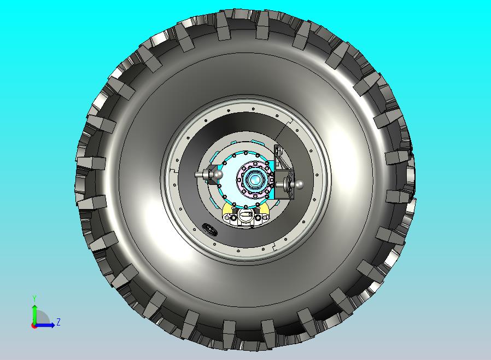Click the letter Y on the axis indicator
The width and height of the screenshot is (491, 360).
(34, 298)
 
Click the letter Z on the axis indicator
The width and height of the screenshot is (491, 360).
(59, 322)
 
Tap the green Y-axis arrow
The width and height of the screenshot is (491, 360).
(34, 314)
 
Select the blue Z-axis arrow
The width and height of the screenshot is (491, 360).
(44, 325)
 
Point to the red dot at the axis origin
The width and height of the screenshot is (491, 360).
(33, 326)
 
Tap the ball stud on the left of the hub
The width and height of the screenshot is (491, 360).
(209, 174)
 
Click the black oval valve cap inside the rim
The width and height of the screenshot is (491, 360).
(209, 229)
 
